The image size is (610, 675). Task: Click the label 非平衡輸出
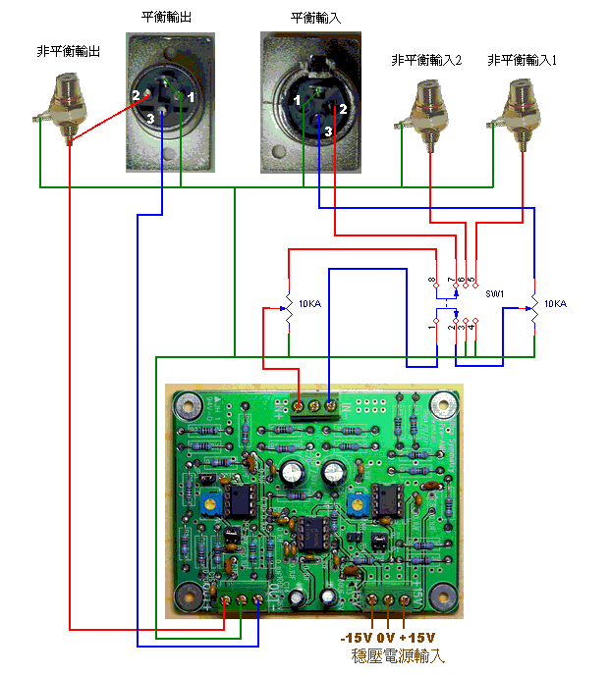(x=69, y=51)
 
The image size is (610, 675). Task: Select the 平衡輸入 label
(x=314, y=18)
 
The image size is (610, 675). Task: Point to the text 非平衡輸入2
(x=426, y=61)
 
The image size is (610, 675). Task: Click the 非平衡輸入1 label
(x=522, y=61)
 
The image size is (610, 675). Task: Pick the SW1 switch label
(x=494, y=293)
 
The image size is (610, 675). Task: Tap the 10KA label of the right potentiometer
(x=555, y=304)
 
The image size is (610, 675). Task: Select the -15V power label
(x=356, y=637)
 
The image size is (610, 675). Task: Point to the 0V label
(x=387, y=637)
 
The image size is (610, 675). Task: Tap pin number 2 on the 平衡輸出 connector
(x=137, y=95)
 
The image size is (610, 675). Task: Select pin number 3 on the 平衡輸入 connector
(x=328, y=130)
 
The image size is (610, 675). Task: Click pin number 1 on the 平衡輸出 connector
(x=192, y=98)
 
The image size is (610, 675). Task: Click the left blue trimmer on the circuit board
(x=210, y=506)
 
